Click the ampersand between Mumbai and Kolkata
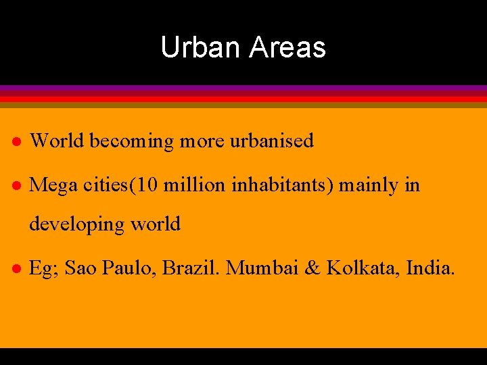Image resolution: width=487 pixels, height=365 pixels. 312,268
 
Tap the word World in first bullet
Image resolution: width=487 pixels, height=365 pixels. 57,141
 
